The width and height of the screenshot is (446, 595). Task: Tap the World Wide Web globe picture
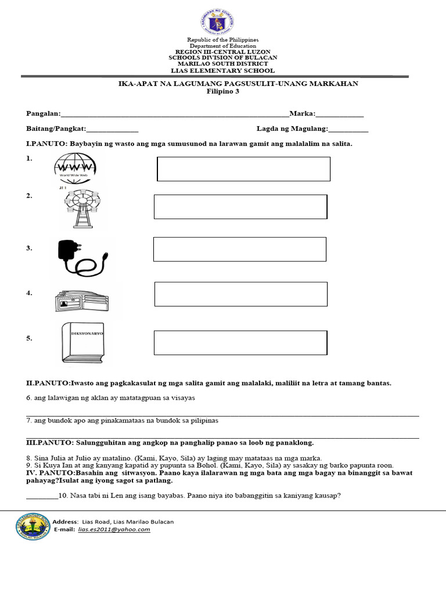(x=75, y=168)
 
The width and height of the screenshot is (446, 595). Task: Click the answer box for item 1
(x=243, y=169)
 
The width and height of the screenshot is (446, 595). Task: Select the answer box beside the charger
(x=239, y=249)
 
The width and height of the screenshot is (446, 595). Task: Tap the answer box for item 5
(x=240, y=342)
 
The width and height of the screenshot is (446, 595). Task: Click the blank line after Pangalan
(x=174, y=114)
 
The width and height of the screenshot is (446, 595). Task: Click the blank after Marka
(x=340, y=114)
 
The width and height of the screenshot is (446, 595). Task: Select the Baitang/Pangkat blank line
(x=112, y=130)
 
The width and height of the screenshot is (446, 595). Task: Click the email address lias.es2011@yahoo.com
(x=114, y=529)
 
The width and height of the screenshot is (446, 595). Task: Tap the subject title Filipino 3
(x=223, y=91)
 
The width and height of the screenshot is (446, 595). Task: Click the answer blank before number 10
(x=42, y=497)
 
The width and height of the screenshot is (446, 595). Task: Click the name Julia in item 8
(x=54, y=458)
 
